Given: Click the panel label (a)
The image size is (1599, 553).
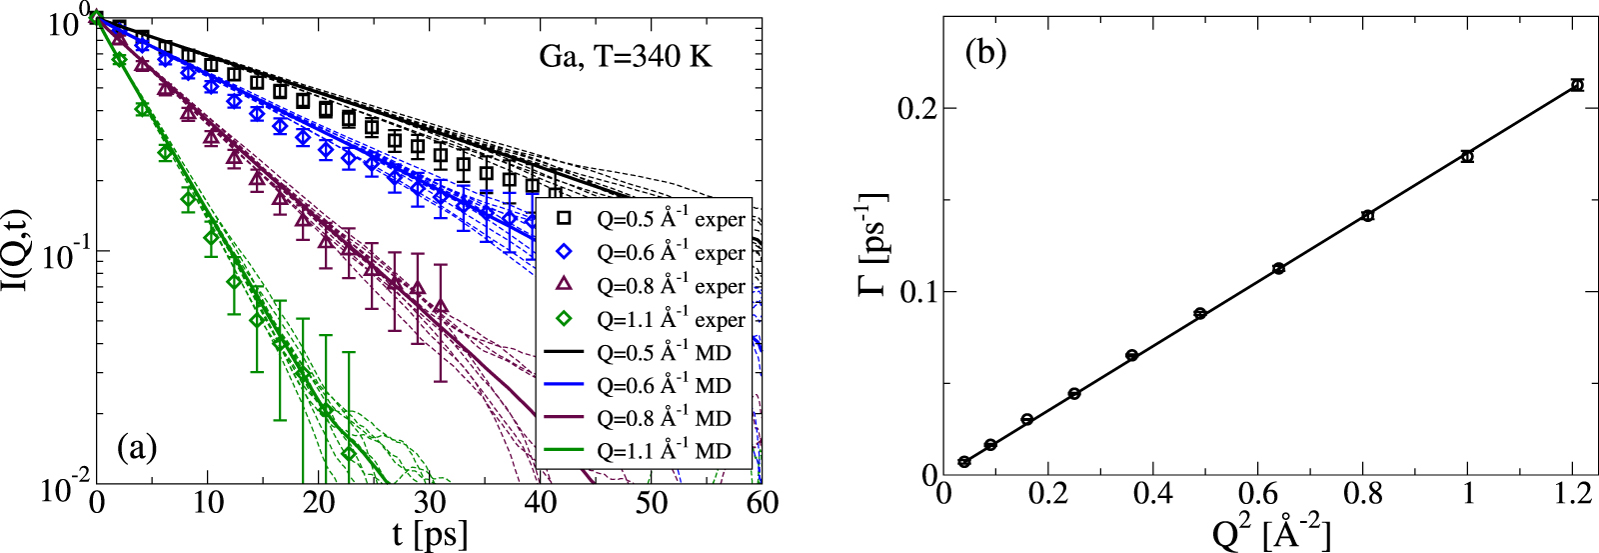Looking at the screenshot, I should tap(137, 447).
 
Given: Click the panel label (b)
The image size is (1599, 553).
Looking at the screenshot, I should tap(984, 52).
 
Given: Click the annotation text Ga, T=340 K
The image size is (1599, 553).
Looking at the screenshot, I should tap(626, 56).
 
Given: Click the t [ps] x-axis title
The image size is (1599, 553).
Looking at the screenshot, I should tap(430, 533).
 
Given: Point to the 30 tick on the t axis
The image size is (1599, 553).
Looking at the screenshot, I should tap(430, 502).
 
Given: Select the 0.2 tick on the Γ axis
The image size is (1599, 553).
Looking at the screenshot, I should tap(922, 108).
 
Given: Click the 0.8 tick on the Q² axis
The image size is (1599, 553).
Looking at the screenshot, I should tap(1367, 497).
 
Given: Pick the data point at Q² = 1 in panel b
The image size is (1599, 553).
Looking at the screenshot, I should tap(1467, 156).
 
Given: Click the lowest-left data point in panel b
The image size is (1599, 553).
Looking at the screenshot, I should tap(964, 462).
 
